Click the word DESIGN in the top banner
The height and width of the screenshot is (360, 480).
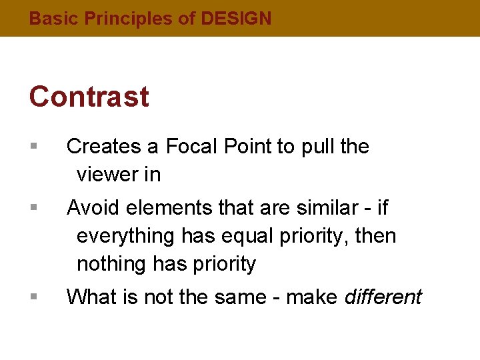[236, 19]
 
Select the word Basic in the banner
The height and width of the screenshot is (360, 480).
[54, 19]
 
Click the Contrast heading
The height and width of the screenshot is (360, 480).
[89, 97]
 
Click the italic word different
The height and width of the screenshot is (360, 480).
[383, 296]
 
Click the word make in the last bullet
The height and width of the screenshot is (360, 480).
[312, 296]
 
